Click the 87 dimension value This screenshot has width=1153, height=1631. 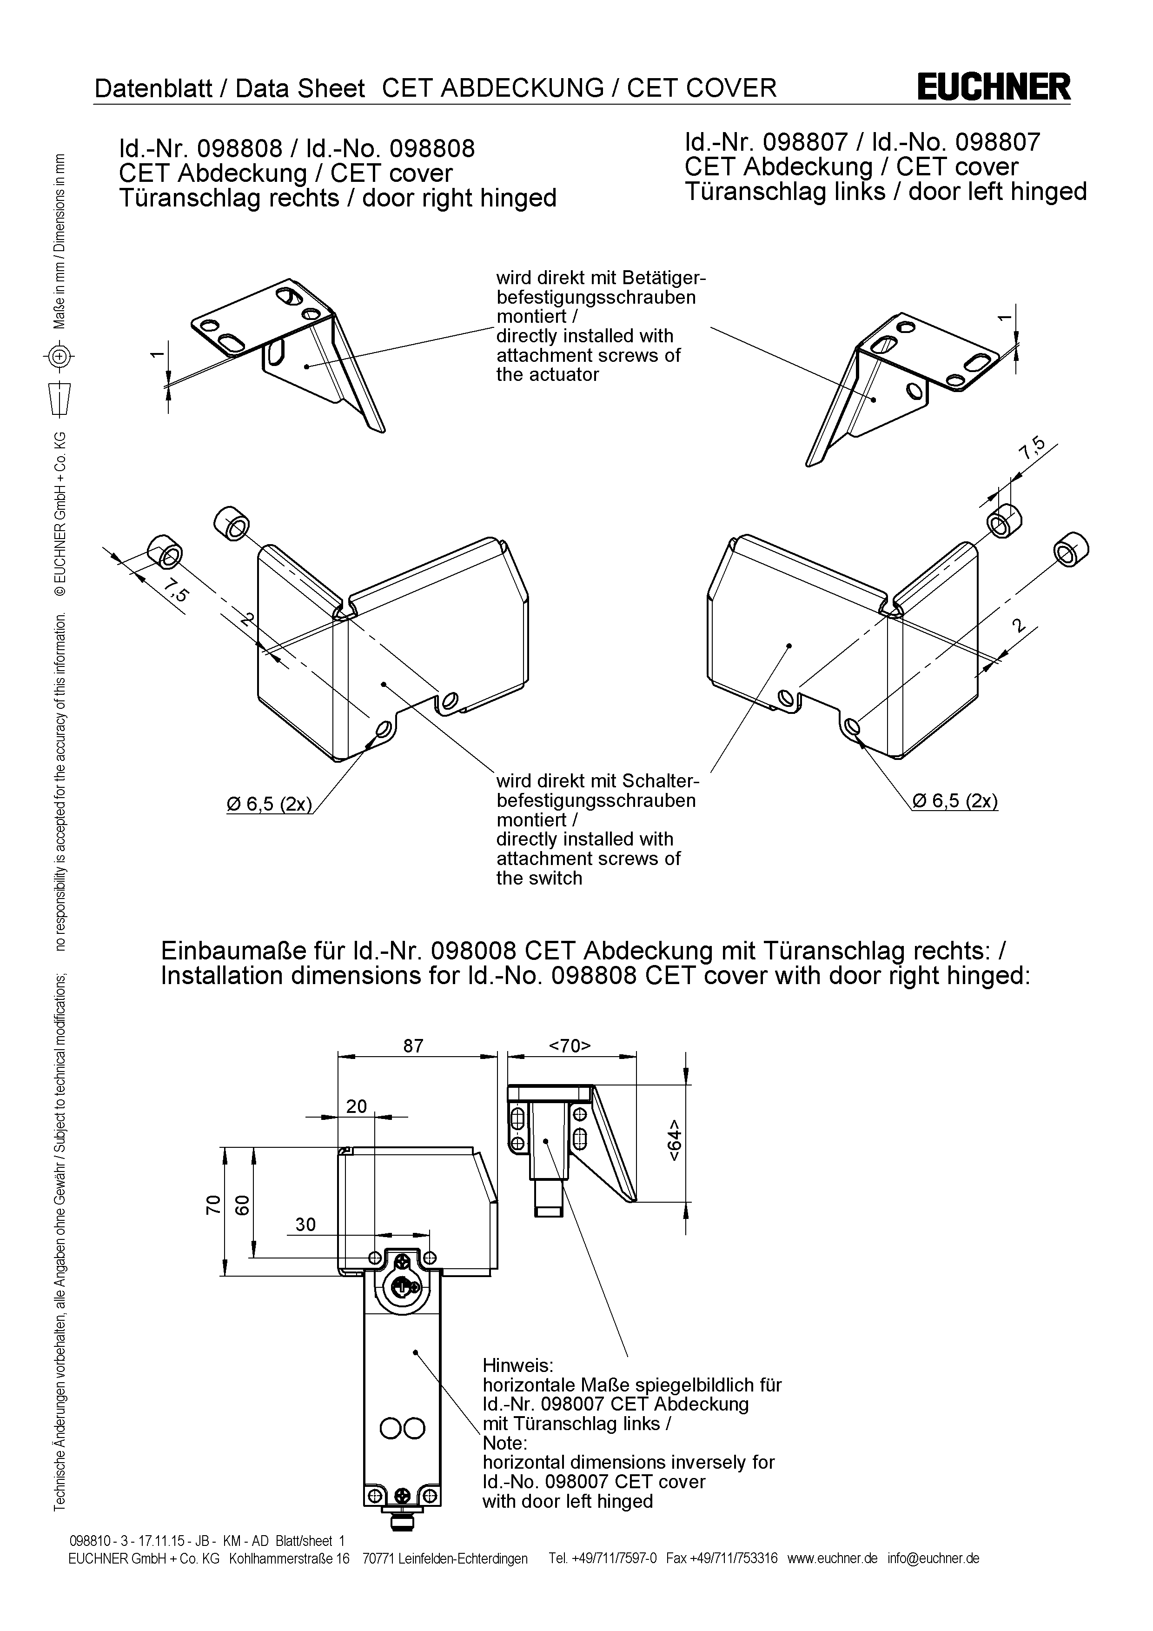(x=413, y=1045)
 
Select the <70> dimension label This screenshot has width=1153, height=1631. (x=570, y=1045)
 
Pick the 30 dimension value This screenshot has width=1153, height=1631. (x=305, y=1224)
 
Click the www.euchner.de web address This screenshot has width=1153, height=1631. (x=832, y=1558)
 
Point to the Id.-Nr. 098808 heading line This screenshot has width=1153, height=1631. (x=296, y=148)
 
